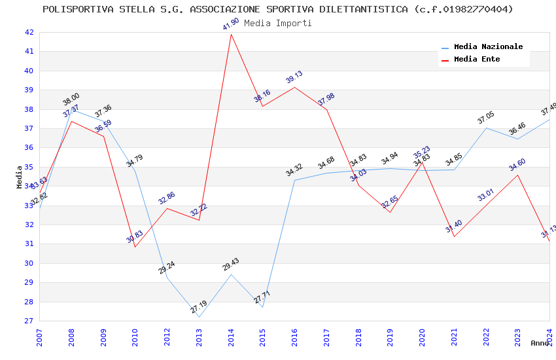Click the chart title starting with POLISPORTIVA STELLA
278,9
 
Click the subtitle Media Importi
278,23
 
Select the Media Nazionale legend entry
488,47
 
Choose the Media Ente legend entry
477,60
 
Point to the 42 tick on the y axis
29,32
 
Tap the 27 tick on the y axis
29,321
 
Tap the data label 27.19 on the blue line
199,306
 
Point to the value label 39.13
294,77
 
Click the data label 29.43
231,264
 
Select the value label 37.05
486,118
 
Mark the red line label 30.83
135,237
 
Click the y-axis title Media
19,177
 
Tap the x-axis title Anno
540,343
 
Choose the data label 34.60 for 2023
517,165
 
